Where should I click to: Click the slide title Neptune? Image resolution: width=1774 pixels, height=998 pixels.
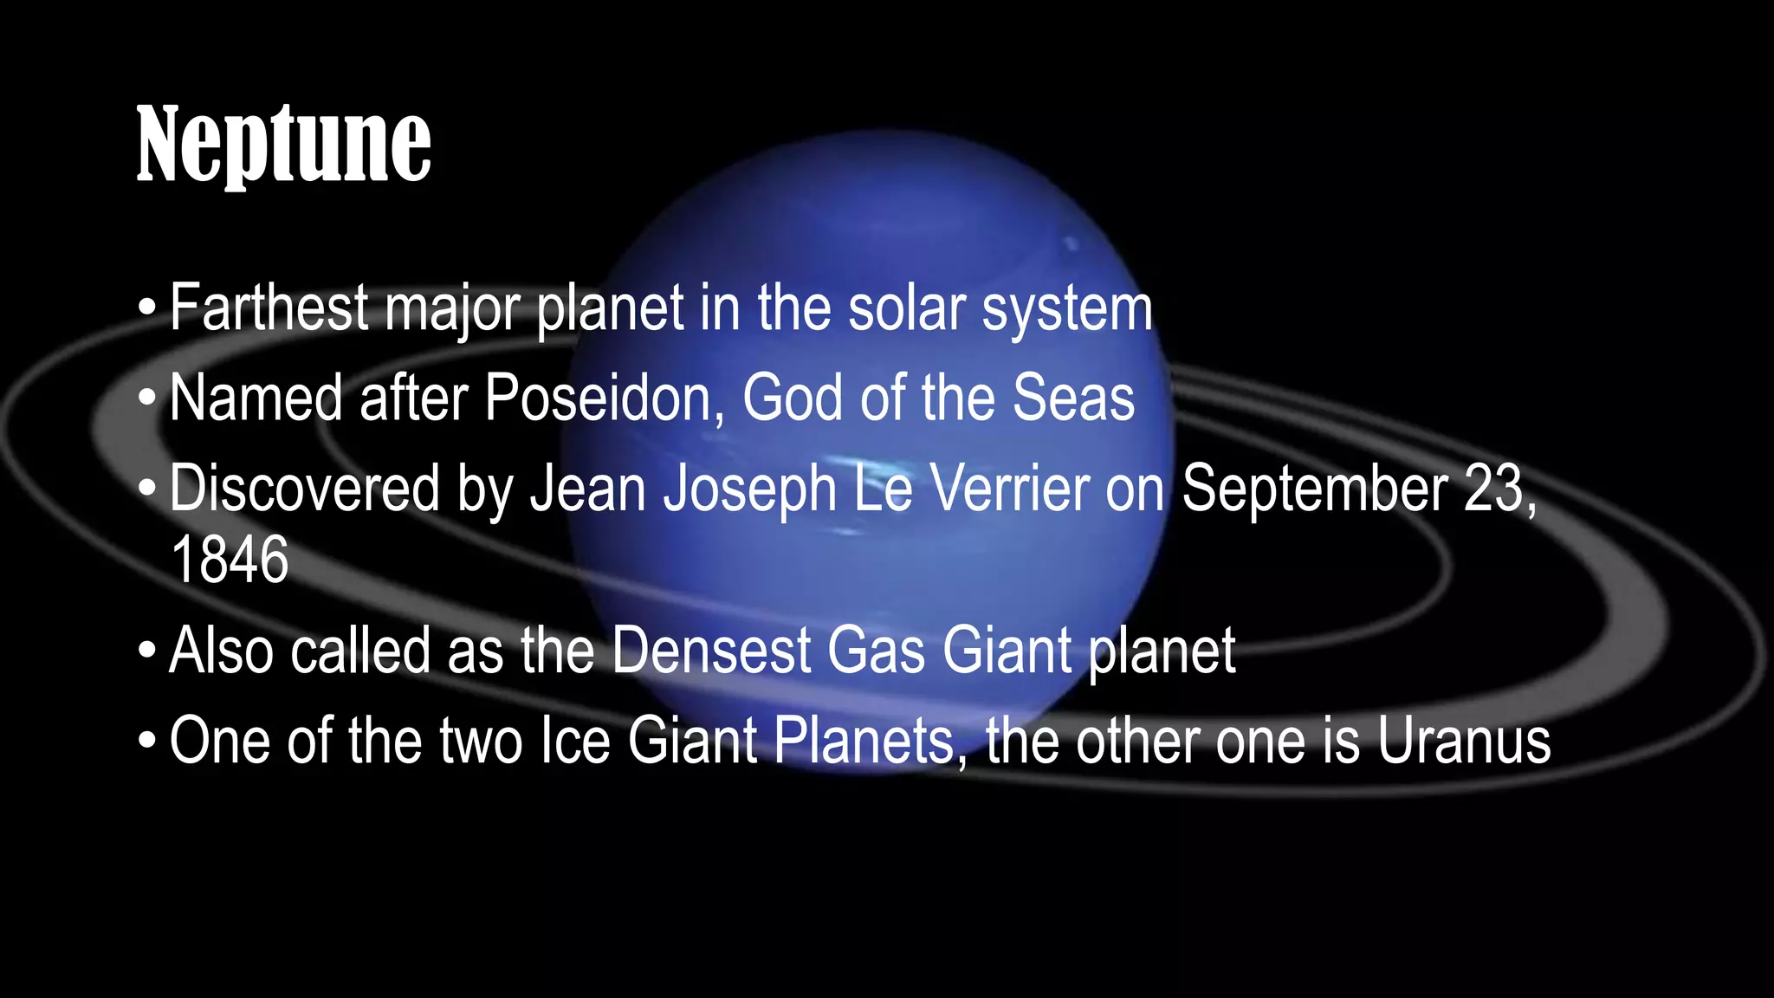tap(283, 144)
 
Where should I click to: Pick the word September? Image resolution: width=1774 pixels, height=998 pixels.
tap(1314, 489)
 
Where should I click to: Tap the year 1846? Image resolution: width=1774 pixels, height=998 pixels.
tap(230, 560)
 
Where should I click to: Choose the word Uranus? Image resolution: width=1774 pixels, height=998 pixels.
tap(1464, 741)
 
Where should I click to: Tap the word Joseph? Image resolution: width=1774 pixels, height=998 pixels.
tap(750, 489)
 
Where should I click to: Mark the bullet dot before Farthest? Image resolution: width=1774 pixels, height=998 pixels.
tap(147, 308)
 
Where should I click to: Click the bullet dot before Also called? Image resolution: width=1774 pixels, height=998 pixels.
tap(147, 651)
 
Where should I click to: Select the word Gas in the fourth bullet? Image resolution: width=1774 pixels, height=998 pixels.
tap(877, 651)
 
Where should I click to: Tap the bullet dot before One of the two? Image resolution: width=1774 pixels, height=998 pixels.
tap(147, 742)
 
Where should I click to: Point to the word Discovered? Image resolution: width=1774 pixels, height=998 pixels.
tap(305, 489)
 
